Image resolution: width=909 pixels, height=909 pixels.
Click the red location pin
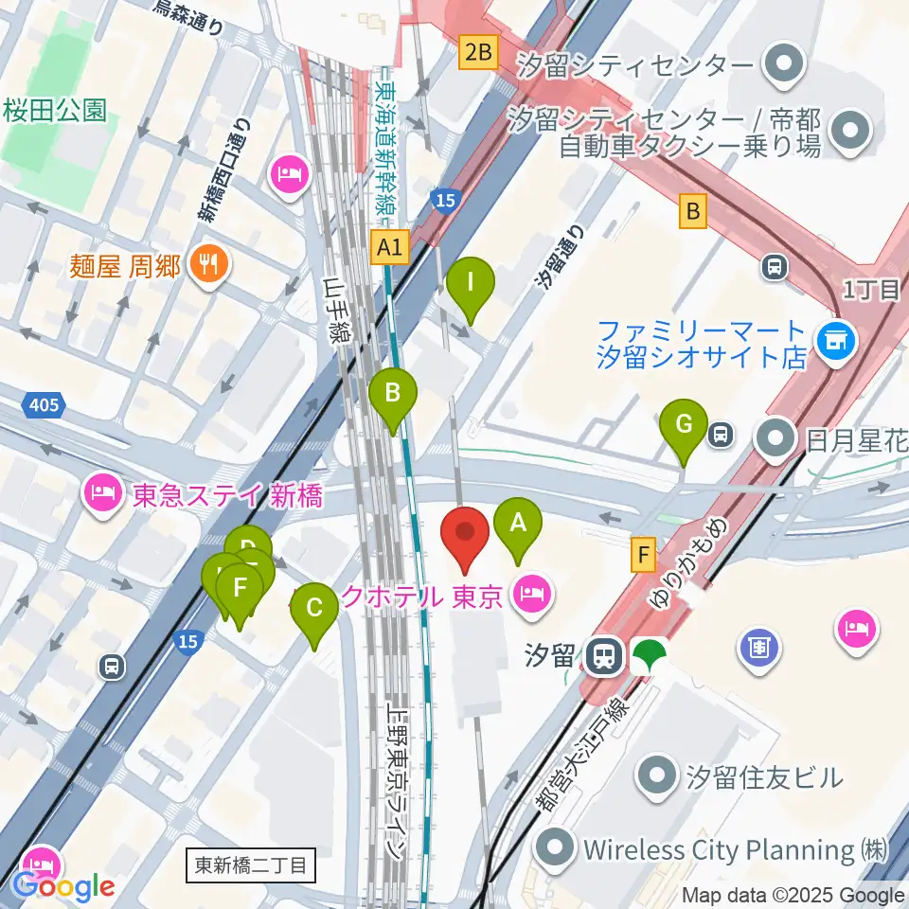coord(465,538)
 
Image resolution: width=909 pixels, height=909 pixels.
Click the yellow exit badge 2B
coord(478,51)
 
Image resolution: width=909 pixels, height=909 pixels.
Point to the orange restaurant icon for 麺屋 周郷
coord(205,264)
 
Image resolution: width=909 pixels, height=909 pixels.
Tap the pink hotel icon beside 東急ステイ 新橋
coord(100,492)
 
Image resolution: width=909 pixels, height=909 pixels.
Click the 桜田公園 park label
coord(54,111)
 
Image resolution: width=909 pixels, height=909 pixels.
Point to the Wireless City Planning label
coord(718,848)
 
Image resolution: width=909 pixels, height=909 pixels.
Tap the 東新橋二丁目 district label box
coord(250,864)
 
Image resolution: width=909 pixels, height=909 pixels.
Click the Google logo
coord(64,886)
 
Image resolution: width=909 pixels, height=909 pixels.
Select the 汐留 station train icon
coord(600,654)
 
